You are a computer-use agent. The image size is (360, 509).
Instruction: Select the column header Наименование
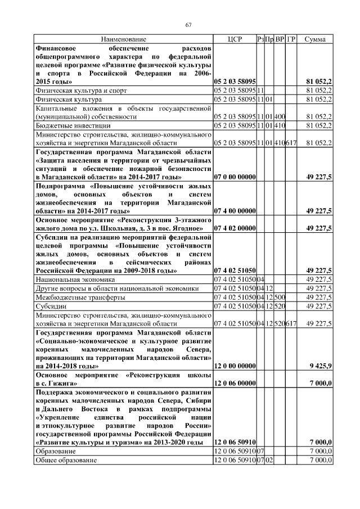tap(124, 39)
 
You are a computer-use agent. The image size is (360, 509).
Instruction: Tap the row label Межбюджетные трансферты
tap(76, 297)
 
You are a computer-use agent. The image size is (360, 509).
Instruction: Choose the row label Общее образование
tap(66, 460)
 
